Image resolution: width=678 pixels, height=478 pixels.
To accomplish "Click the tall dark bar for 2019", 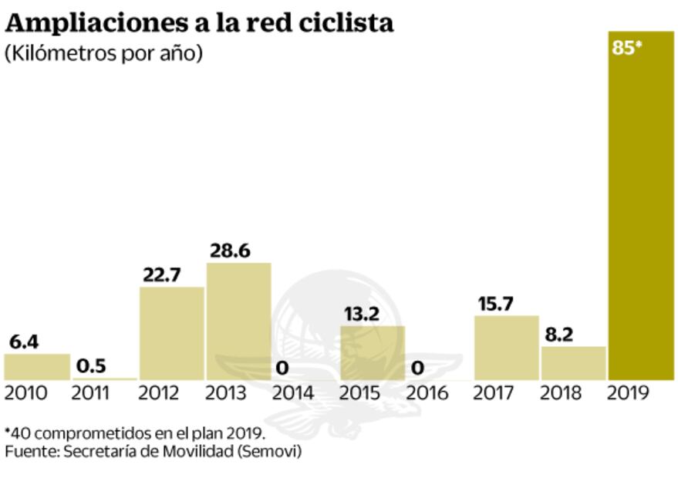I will pos(640,208).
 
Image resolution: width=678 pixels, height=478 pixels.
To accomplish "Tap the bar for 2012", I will pos(171,333).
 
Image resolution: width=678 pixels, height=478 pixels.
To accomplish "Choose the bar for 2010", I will pos(36,366).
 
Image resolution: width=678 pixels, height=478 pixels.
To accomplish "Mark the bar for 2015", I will pos(372,352).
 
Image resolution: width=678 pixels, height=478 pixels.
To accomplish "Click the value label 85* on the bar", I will pos(627,47).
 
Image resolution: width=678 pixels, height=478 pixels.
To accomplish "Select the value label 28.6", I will pos(230,251).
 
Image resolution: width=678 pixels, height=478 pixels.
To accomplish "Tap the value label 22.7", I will pos(161,274).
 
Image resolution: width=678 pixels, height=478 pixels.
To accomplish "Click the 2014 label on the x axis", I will pos(293,393).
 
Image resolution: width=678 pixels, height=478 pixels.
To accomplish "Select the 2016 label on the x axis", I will pos(427,393).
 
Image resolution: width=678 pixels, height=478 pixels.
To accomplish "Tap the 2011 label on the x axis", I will pos(91,393).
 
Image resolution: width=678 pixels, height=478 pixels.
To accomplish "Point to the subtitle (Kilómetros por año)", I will pos(103,55).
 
